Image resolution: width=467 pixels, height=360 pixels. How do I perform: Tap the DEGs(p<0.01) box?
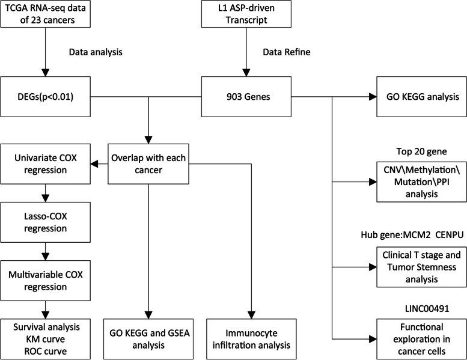click(x=46, y=96)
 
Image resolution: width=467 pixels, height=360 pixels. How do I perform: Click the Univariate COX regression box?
click(x=46, y=163)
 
